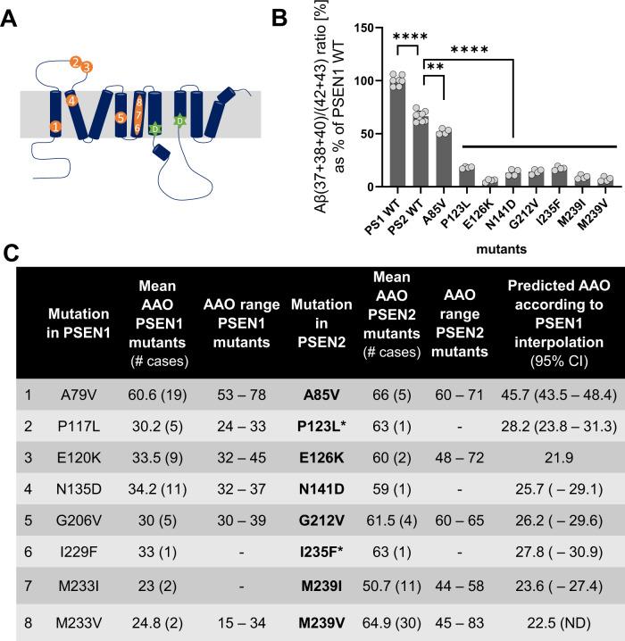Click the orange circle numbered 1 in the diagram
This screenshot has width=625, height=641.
[x=57, y=128]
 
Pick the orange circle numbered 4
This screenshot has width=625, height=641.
[x=71, y=100]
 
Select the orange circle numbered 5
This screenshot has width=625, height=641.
[x=121, y=117]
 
